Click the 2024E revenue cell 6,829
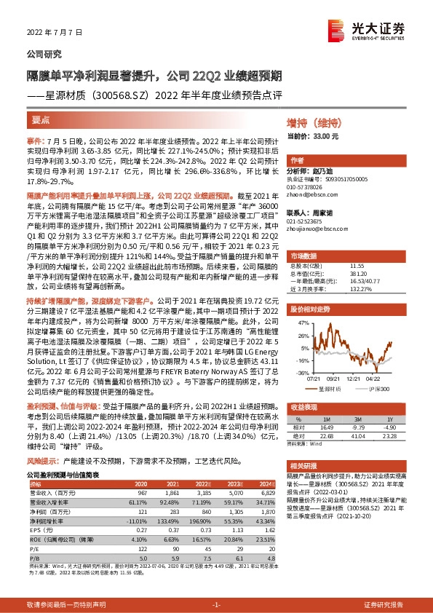tap(266, 492)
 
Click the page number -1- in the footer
tap(215, 605)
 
